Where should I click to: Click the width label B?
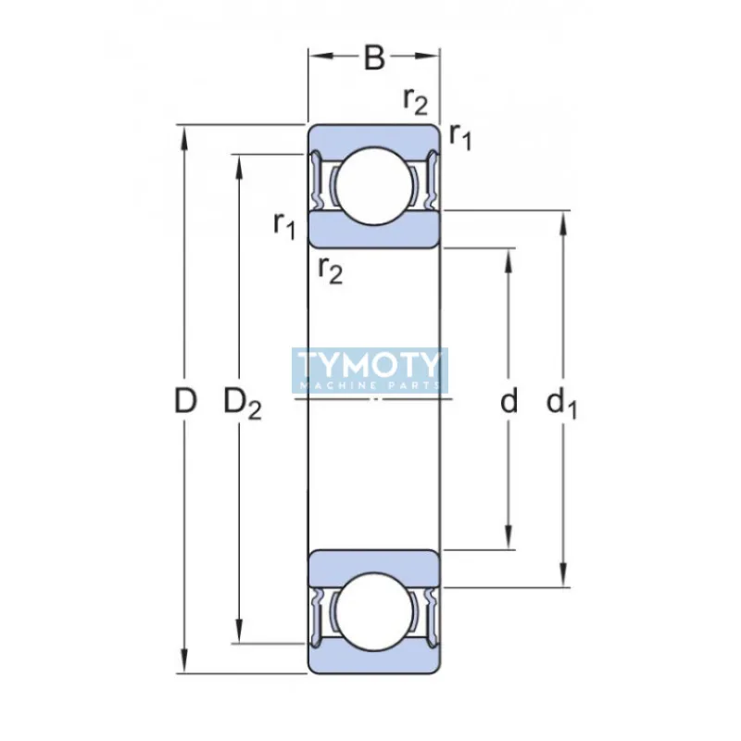pos(373,57)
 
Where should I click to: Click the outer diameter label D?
pos(186,401)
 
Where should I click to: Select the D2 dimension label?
pos(243,403)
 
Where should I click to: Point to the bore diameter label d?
pos(509,401)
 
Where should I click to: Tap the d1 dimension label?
pos(561,403)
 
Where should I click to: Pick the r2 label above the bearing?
pos(415,100)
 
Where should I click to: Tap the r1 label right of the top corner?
pos(460,136)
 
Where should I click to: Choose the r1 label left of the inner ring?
pos(284,223)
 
